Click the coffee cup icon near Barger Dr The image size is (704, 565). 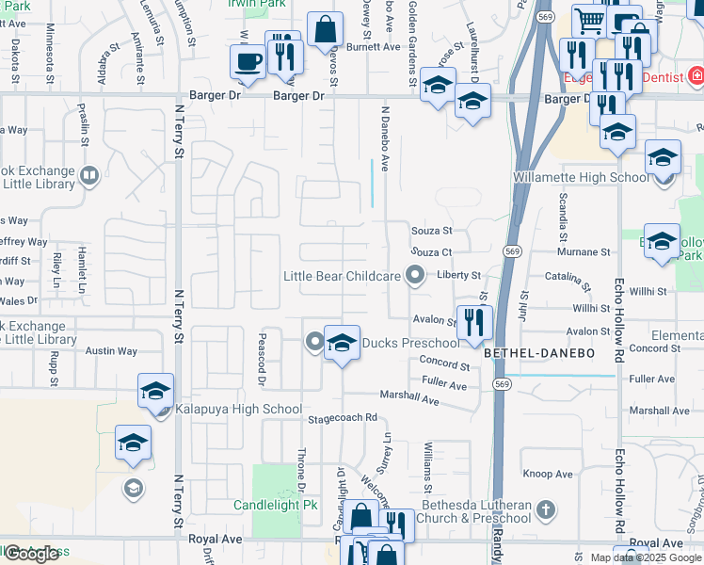(249, 62)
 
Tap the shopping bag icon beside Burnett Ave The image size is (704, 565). (325, 29)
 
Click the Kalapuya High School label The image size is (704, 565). (239, 410)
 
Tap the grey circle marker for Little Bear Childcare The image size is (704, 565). (415, 276)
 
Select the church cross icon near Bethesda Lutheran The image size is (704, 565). (545, 511)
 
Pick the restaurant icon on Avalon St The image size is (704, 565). (474, 322)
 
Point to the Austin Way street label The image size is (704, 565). (112, 351)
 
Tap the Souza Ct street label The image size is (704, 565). (432, 252)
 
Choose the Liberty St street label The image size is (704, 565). (460, 275)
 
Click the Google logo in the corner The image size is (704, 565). (31, 554)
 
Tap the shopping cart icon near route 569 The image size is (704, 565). (588, 21)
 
